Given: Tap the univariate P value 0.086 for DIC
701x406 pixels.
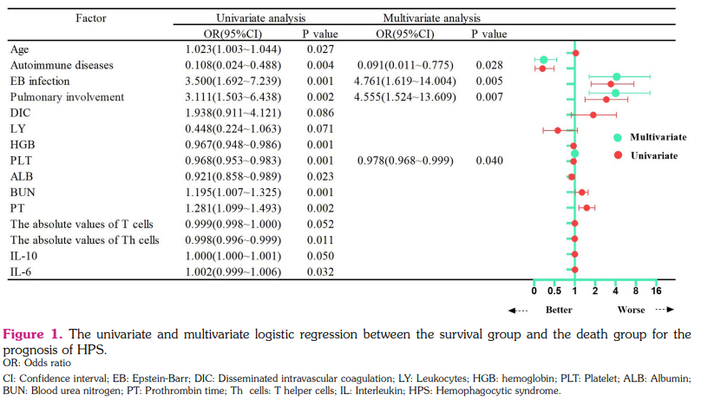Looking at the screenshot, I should coord(321,113).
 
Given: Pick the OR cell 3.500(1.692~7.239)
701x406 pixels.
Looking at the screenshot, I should coord(233,82).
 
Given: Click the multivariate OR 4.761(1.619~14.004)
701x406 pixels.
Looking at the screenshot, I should coord(403,82).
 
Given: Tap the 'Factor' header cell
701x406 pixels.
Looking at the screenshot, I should coord(93,16).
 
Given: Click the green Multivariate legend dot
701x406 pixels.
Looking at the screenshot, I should coord(618,137).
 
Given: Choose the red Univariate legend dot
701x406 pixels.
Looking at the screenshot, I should coord(618,154).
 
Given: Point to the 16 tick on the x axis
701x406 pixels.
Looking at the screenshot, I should coord(656,291).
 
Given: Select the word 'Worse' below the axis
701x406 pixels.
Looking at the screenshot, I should coord(632,309).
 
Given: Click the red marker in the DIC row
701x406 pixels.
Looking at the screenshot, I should coord(593,114).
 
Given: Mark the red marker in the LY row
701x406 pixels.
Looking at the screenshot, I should coord(558,130).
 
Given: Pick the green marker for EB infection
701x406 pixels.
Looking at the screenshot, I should coord(616,77).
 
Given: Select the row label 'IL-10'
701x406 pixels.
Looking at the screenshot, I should coord(25,256).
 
